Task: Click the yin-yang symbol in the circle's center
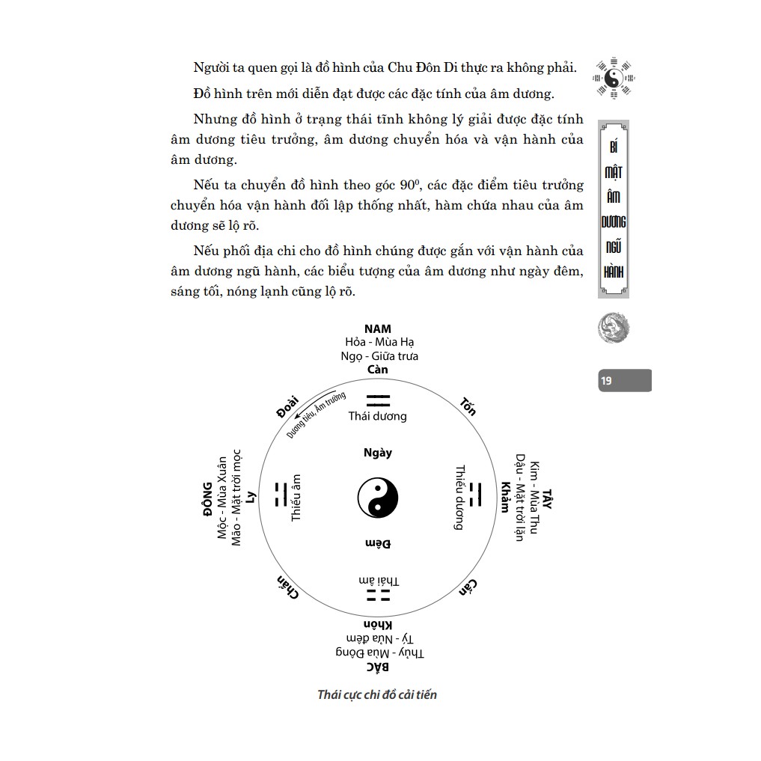click(x=377, y=498)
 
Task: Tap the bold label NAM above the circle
click(x=378, y=328)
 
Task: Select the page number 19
click(x=606, y=381)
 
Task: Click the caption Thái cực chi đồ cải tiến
click(x=377, y=694)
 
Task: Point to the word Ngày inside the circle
click(x=377, y=453)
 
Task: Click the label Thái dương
click(x=377, y=416)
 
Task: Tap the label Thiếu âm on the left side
click(x=296, y=498)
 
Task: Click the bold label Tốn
click(x=468, y=406)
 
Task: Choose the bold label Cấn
click(x=469, y=587)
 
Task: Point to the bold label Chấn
click(x=287, y=587)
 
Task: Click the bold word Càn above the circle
click(x=378, y=370)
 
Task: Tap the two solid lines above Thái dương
click(x=377, y=400)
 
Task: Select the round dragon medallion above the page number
click(x=614, y=328)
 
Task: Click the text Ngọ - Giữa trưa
click(x=379, y=356)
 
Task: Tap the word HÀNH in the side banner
click(x=614, y=269)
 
